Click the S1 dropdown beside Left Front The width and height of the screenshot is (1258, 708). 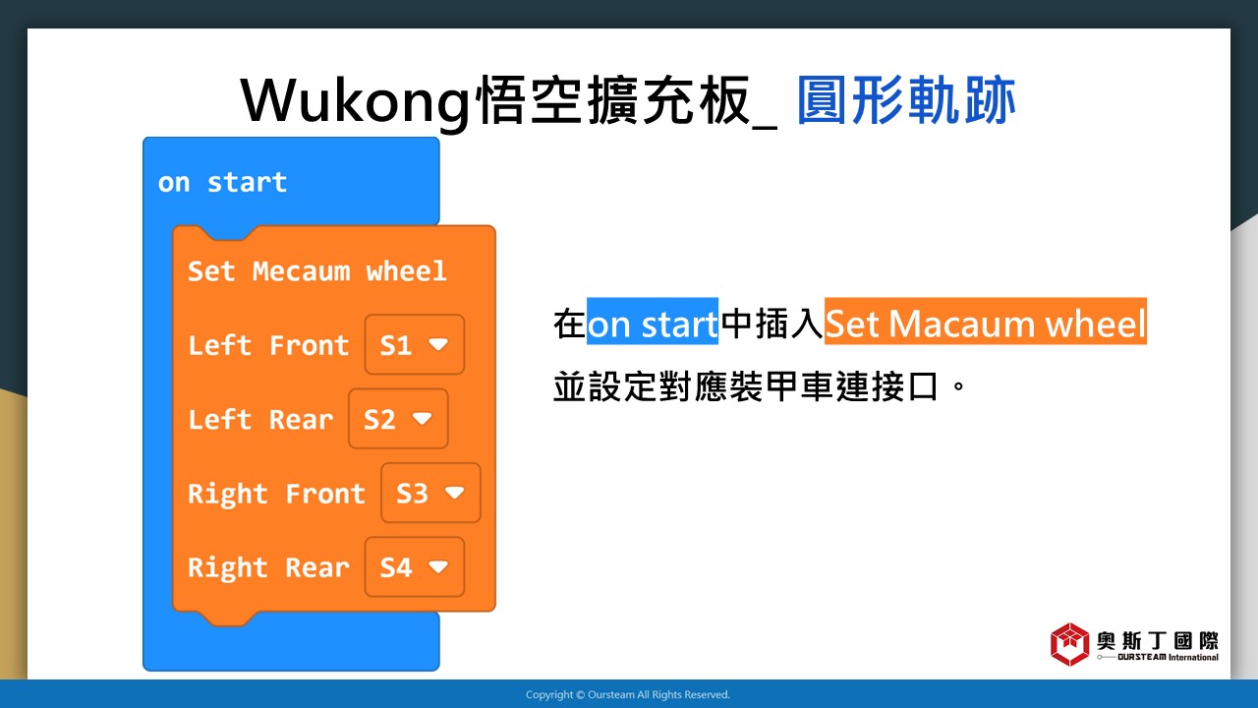pos(415,344)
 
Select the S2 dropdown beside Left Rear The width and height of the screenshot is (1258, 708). pos(398,419)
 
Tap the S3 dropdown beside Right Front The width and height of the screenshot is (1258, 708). pos(430,493)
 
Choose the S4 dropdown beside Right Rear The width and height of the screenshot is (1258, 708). pos(415,567)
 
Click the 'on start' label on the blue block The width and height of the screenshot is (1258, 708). pos(222,182)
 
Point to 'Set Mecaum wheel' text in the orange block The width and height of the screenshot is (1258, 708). pos(316,270)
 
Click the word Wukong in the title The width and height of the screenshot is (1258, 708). pos(356,101)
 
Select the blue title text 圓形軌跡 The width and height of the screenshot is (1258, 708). pos(906,100)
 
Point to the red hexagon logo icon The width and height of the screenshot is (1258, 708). pos(1070,644)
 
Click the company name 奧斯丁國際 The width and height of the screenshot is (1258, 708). pos(1158,640)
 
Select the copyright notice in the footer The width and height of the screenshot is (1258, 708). pos(628,694)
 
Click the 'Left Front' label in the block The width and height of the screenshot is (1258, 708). pos(268,345)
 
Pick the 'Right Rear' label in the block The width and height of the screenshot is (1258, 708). pos(268,567)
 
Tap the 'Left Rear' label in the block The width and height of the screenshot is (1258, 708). pos(260,419)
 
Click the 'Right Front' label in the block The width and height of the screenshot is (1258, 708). pos(276,494)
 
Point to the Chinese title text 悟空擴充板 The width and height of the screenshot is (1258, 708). pos(613,100)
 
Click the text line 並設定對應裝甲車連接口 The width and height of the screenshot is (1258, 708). pos(746,386)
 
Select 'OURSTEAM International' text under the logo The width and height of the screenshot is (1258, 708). pos(1169,657)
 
